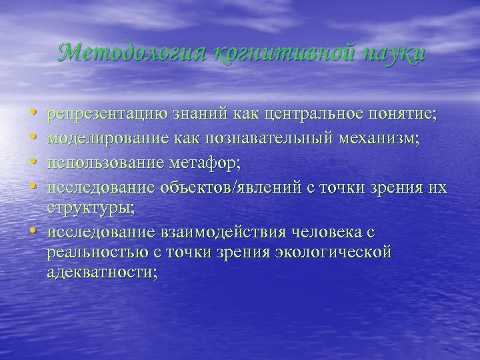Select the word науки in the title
[x=387, y=52]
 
